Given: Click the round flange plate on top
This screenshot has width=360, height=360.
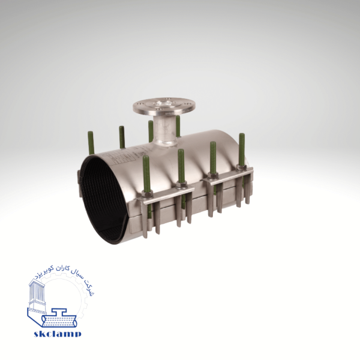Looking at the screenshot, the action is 164,107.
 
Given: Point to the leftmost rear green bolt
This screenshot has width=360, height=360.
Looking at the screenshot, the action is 91,143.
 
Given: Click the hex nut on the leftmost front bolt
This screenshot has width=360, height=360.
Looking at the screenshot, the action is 146,194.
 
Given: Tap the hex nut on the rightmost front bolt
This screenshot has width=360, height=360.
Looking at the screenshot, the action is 242,168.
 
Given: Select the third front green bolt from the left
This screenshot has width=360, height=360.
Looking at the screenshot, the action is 213,158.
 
